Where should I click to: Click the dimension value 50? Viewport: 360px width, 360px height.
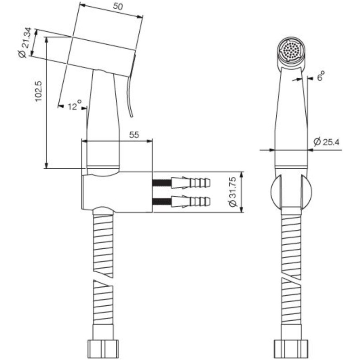coord(118,6)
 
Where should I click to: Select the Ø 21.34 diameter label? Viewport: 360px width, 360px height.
coord(24,43)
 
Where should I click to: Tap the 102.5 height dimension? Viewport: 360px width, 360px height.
coord(38,91)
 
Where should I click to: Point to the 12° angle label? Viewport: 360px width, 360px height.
coord(75,105)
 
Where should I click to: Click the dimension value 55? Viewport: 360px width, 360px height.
coord(134,135)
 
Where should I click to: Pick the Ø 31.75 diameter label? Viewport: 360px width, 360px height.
coord(232,192)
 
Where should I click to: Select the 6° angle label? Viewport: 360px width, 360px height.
coord(321,76)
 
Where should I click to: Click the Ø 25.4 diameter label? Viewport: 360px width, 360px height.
coord(326,142)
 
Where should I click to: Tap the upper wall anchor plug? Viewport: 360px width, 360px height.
coord(190,183)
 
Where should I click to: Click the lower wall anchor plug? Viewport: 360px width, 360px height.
coord(190,202)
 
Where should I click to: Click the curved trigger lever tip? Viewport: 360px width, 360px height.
coord(132,116)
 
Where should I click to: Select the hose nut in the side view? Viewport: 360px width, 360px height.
coord(103,348)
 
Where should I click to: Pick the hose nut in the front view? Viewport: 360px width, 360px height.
coord(291,348)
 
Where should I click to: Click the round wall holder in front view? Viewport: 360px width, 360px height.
coord(291,192)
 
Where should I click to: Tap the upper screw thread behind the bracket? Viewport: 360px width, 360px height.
coord(161,183)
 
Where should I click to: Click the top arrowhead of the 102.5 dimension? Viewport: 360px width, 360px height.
coord(47,40)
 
